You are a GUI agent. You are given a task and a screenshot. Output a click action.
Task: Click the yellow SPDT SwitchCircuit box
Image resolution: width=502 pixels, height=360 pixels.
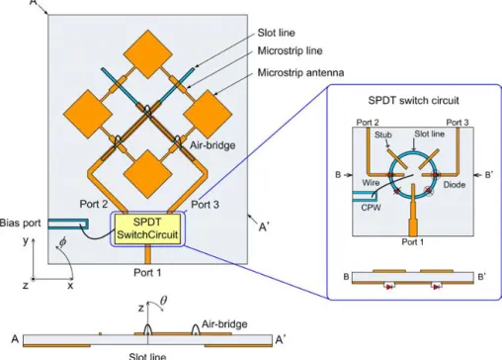148,229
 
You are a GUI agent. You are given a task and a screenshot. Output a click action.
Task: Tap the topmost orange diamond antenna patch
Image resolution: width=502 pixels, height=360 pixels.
148,54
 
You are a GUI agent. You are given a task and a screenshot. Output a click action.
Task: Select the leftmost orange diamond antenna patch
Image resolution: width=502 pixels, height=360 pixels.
88,114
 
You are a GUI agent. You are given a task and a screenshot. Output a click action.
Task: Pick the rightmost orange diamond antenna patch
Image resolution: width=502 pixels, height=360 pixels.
208,114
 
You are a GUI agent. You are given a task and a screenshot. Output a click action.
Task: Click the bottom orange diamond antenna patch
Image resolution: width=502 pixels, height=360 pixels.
148,174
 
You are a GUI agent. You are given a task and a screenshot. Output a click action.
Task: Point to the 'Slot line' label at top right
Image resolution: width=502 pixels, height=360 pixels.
276,33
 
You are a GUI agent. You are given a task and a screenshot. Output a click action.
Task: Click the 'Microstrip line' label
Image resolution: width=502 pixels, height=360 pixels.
290,50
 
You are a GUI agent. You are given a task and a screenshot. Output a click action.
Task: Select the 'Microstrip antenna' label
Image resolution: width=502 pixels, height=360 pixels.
300,72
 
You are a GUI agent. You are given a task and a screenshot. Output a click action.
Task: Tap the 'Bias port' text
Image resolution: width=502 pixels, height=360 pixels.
20,224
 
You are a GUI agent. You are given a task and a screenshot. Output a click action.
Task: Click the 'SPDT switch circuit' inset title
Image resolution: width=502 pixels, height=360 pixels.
413,100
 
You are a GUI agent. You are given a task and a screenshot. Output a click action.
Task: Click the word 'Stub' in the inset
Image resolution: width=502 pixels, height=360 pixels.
383,135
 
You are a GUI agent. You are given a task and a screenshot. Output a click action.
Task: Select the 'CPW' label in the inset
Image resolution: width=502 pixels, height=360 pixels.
371,208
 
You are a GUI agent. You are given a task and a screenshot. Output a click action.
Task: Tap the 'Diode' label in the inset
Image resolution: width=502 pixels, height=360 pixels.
455,185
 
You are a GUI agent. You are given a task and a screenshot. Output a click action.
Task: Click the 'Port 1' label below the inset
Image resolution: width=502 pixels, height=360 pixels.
413,242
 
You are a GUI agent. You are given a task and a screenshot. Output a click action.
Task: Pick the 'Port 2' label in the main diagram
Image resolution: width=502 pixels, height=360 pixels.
94,204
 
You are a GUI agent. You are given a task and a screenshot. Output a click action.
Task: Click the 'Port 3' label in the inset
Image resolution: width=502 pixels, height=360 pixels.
458,123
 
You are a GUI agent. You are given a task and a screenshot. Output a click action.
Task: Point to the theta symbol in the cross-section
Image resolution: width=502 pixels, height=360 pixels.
163,301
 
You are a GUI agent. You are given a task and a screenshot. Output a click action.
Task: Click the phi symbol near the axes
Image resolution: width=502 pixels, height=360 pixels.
62,242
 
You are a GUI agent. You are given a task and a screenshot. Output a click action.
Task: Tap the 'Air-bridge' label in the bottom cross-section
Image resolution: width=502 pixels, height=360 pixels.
224,324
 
